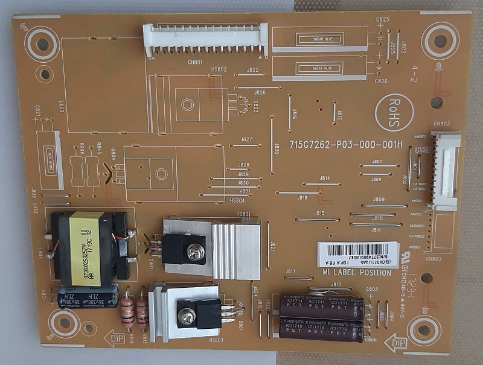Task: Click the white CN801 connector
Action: (x=205, y=40)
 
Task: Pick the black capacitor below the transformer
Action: (x=88, y=297)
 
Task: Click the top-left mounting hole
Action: (x=42, y=44)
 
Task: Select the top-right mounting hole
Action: (x=440, y=40)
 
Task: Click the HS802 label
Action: (x=219, y=69)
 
